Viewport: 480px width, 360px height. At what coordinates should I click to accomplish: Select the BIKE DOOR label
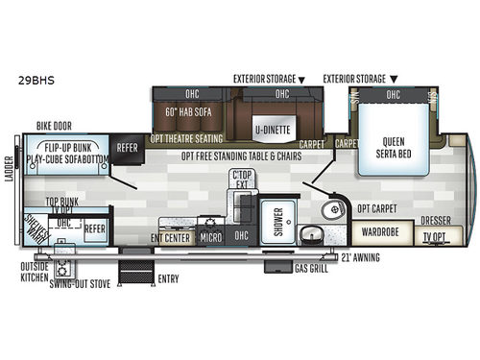tap(56, 125)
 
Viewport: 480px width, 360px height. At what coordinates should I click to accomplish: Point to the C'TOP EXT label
tap(243, 180)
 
